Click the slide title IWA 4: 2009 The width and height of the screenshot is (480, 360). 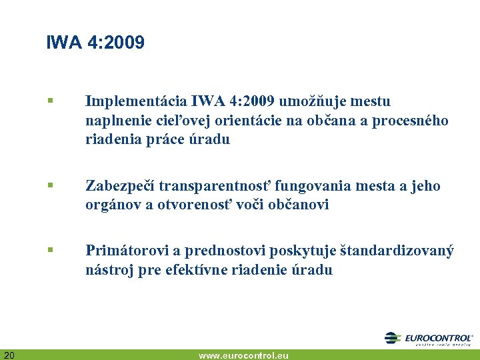95,43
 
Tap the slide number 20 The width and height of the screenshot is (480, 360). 9,354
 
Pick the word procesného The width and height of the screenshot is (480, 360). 413,121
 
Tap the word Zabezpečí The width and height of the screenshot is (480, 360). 119,186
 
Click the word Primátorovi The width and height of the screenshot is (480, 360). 125,251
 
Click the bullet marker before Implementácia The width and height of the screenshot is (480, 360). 50,102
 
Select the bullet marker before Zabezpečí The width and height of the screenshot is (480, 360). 50,187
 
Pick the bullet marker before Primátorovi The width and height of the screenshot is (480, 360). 50,251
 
